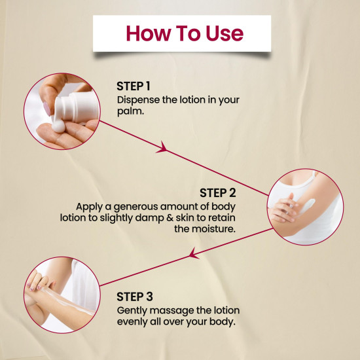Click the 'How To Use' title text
click(185, 33)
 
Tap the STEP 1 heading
click(134, 86)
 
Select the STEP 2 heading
click(218, 193)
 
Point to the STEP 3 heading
click(135, 297)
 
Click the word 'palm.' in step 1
click(130, 112)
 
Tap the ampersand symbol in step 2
click(170, 218)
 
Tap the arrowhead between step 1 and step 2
click(162, 147)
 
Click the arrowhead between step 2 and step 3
click(194, 253)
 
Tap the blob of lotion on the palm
click(58, 126)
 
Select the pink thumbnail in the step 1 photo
click(47, 109)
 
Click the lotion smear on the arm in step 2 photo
click(307, 206)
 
